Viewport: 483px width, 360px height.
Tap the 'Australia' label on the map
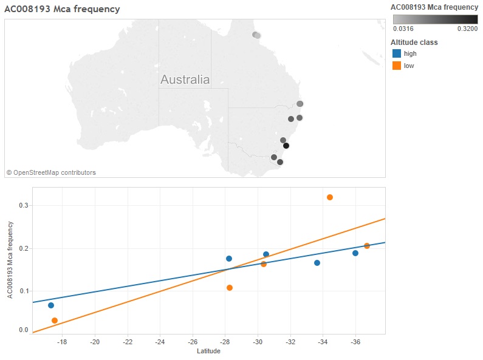point(185,80)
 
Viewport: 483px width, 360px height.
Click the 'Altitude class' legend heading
point(414,42)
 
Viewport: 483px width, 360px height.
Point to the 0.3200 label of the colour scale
point(467,28)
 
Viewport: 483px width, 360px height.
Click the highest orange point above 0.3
point(330,197)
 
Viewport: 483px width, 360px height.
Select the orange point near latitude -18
point(55,321)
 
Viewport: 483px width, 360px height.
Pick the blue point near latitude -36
point(355,253)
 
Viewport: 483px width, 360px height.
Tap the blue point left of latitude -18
point(51,305)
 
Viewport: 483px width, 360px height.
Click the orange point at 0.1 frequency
point(230,288)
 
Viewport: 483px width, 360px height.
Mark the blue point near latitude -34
point(317,263)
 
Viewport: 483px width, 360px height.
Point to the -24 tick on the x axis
point(160,342)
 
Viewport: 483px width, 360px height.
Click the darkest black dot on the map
point(286,146)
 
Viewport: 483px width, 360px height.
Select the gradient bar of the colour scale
point(435,19)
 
